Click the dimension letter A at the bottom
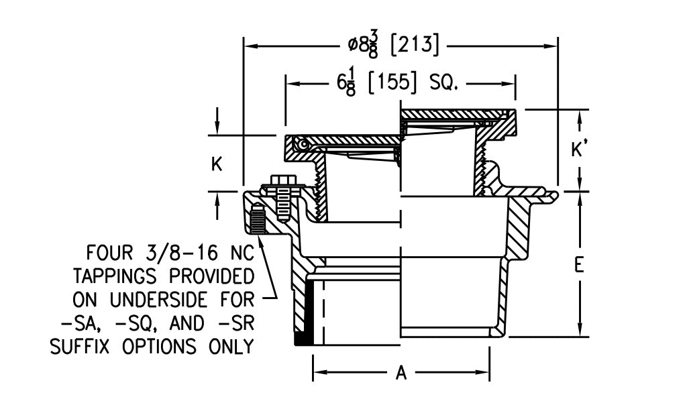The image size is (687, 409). (401, 373)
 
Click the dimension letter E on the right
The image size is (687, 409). (579, 266)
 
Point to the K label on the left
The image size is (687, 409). (217, 164)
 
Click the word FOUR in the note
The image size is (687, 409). (110, 253)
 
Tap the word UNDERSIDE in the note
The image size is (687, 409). (178, 300)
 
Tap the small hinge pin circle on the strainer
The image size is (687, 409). (304, 144)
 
